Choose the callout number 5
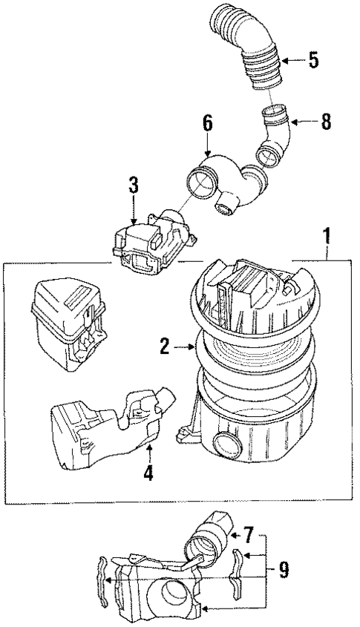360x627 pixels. click(x=314, y=59)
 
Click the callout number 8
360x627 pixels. click(x=325, y=122)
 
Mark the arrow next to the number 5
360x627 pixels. click(x=292, y=59)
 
